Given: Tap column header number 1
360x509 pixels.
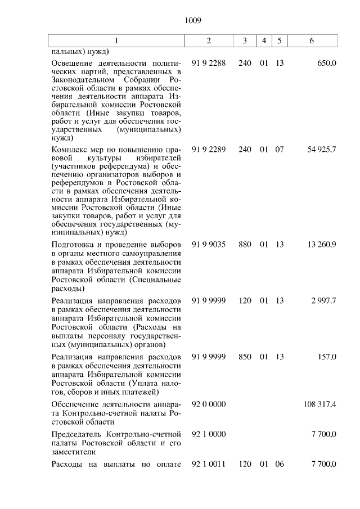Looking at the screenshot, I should coord(116,41).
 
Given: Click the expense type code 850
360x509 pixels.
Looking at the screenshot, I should coord(245,357).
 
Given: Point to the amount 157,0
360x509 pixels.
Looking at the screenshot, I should coord(327,357).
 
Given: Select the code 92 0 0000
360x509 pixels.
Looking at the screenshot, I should coord(209,404).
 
